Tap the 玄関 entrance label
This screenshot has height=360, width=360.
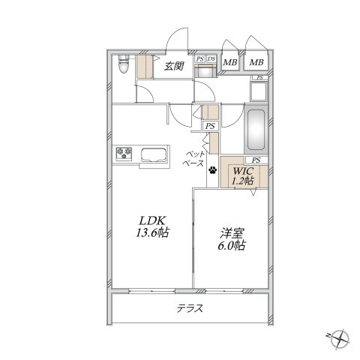[x=174, y=66]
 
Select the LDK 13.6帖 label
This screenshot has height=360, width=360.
[x=152, y=226]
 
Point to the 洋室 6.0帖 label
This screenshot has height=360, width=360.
[x=232, y=239]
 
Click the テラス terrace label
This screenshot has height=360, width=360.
[x=190, y=309]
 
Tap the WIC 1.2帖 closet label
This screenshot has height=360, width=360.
[x=243, y=176]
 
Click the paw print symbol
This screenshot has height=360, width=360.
[x=213, y=170]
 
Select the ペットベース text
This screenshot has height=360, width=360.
[x=193, y=159]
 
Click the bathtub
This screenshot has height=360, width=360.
[x=256, y=129]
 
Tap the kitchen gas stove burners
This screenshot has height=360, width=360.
[x=124, y=153]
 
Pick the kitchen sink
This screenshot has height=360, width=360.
[x=154, y=155]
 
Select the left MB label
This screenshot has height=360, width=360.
[x=229, y=62]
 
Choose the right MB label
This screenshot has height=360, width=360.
[x=256, y=62]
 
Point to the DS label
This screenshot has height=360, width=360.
[x=211, y=59]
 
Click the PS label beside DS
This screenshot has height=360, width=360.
[x=199, y=59]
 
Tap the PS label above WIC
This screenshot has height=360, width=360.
[x=256, y=160]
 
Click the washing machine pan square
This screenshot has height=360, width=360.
[x=259, y=91]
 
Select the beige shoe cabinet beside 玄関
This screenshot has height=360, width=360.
[x=145, y=67]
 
